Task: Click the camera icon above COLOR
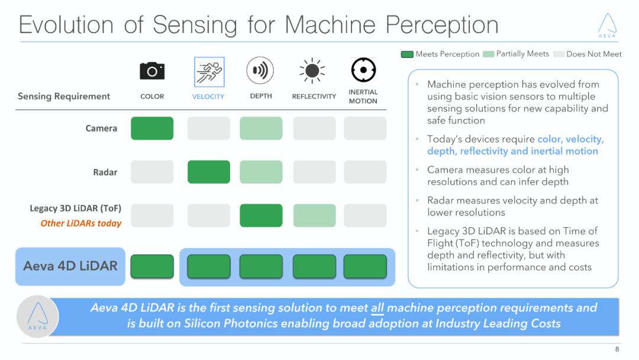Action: point(152,72)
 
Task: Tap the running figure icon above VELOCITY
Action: point(209,72)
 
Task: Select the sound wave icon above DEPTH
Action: point(260,71)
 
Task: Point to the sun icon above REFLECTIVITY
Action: point(312,72)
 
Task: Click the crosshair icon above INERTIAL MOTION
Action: point(363,70)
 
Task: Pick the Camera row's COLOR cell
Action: point(152,128)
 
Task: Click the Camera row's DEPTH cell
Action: point(261,128)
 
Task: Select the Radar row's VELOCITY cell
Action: point(209,172)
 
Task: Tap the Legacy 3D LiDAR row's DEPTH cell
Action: point(261,216)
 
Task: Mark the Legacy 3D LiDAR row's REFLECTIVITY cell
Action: point(314,216)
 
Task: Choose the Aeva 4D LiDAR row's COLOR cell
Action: point(152,266)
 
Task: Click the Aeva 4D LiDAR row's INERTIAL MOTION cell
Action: point(365,266)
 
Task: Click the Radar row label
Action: point(105,172)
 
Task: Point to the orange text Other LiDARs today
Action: point(81,223)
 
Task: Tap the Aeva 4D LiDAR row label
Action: point(70,266)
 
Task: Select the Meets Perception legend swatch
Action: point(407,54)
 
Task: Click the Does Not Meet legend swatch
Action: point(559,54)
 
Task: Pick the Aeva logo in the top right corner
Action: point(607,25)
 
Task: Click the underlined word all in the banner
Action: point(377,308)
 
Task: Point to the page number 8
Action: point(617,349)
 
